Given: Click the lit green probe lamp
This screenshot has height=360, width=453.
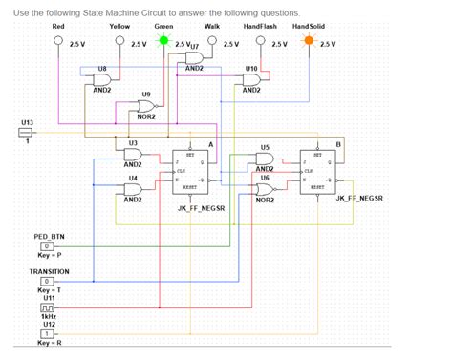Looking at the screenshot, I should pos(173,41).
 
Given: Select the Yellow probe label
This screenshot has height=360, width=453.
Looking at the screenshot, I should pos(120,27).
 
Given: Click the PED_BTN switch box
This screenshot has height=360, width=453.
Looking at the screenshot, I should pos(44,246).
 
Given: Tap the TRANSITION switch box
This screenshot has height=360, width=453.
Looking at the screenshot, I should pos(44,282).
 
